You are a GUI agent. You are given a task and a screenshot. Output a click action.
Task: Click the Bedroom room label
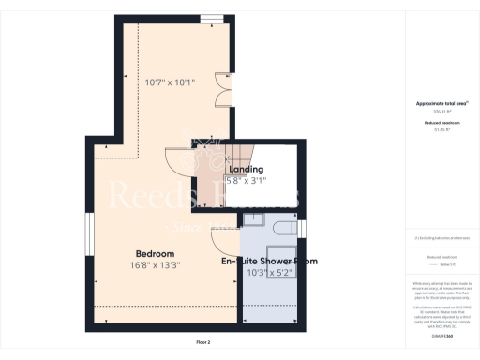pyautogui.click(x=155, y=254)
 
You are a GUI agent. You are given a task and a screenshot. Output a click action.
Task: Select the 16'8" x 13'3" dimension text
pyautogui.click(x=155, y=265)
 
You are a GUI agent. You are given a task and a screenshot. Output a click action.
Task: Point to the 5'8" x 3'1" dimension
pyautogui.click(x=247, y=180)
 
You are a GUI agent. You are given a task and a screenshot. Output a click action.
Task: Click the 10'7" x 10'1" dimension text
pyautogui.click(x=170, y=82)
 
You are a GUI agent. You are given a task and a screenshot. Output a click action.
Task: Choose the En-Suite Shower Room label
pyautogui.click(x=269, y=261)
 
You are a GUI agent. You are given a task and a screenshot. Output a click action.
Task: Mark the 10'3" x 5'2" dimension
pyautogui.click(x=270, y=272)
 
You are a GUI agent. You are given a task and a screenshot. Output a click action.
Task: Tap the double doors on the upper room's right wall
pyautogui.click(x=221, y=93)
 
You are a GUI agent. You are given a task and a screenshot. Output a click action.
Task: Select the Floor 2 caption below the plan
pyautogui.click(x=203, y=342)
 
